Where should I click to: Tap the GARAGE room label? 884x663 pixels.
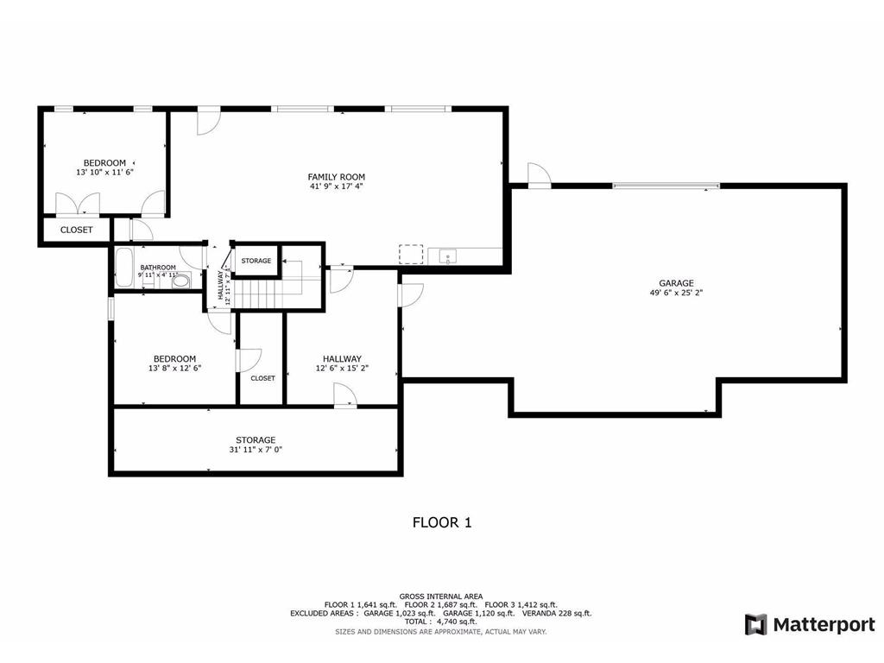click(x=676, y=283)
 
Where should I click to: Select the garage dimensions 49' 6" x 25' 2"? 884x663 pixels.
click(x=676, y=293)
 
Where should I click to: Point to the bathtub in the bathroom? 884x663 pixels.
click(x=124, y=268)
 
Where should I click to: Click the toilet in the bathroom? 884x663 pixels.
click(x=181, y=280)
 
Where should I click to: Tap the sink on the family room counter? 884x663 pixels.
click(x=447, y=256)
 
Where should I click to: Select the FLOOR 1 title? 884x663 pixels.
click(x=441, y=522)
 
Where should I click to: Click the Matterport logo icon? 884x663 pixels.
click(x=755, y=624)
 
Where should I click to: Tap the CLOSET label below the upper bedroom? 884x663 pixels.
click(x=76, y=230)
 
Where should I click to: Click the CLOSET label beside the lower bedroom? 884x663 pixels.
click(x=262, y=378)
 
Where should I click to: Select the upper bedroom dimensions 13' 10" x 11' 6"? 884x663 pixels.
click(x=104, y=173)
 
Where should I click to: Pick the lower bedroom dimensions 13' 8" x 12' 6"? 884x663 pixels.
click(x=174, y=369)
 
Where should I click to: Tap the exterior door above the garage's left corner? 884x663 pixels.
click(x=539, y=175)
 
